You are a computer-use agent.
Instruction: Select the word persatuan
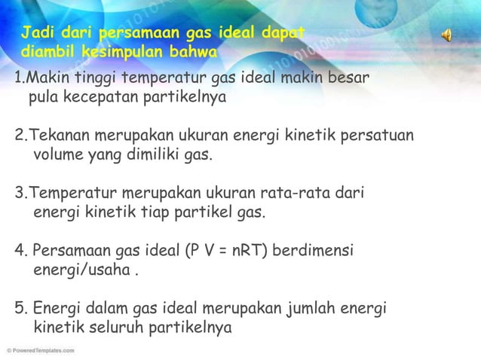click(x=378, y=136)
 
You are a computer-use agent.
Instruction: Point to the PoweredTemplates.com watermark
click(x=40, y=350)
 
